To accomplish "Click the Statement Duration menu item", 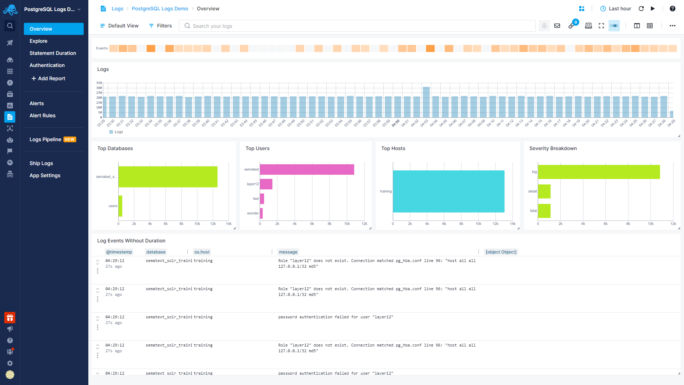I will (x=53, y=53).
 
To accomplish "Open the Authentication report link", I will (x=47, y=65).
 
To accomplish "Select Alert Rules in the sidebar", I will (x=42, y=115).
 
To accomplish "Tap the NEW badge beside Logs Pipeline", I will (x=70, y=140).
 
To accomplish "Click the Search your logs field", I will (x=356, y=26).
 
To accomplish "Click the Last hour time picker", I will (x=616, y=9).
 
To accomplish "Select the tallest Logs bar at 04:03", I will (x=426, y=102).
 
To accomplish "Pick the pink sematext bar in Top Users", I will (x=307, y=169).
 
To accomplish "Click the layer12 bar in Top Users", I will (x=266, y=184).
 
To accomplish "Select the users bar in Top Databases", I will (x=120, y=206).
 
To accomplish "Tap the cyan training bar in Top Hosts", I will (x=449, y=191).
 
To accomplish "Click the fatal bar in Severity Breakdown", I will (x=544, y=211).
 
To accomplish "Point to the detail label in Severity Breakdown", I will (x=532, y=191).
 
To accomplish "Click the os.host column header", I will (x=202, y=252).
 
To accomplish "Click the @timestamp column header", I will (x=119, y=252).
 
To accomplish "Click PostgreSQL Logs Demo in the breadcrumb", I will (x=160, y=9).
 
